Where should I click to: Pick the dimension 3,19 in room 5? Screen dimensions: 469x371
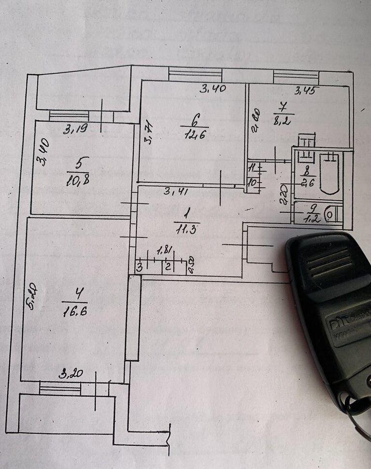(x=74, y=130)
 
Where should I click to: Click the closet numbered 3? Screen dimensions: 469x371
(x=139, y=266)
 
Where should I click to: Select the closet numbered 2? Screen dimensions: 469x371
(x=167, y=266)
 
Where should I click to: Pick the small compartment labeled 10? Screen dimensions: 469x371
(x=251, y=184)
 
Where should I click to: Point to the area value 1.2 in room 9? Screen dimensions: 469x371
(x=309, y=218)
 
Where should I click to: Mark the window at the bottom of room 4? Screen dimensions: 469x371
(x=60, y=387)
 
